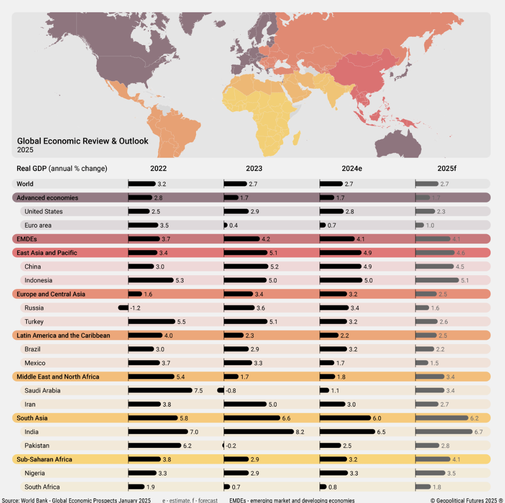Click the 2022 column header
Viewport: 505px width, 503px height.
point(159,168)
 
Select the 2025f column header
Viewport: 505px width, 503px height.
point(447,168)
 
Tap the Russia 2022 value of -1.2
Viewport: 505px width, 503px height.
point(135,308)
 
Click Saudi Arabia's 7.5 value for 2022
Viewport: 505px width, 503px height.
point(198,391)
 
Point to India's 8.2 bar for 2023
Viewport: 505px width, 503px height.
point(259,432)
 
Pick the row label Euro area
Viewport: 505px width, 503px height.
point(38,225)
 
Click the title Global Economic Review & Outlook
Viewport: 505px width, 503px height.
point(83,141)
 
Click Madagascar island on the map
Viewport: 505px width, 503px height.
point(297,139)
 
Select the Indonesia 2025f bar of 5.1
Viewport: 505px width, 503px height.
point(437,280)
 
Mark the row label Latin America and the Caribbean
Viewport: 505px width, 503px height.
point(63,335)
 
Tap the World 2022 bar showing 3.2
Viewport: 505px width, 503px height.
point(142,184)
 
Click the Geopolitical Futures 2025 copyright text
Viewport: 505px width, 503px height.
point(466,500)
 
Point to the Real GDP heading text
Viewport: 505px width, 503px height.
point(62,168)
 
